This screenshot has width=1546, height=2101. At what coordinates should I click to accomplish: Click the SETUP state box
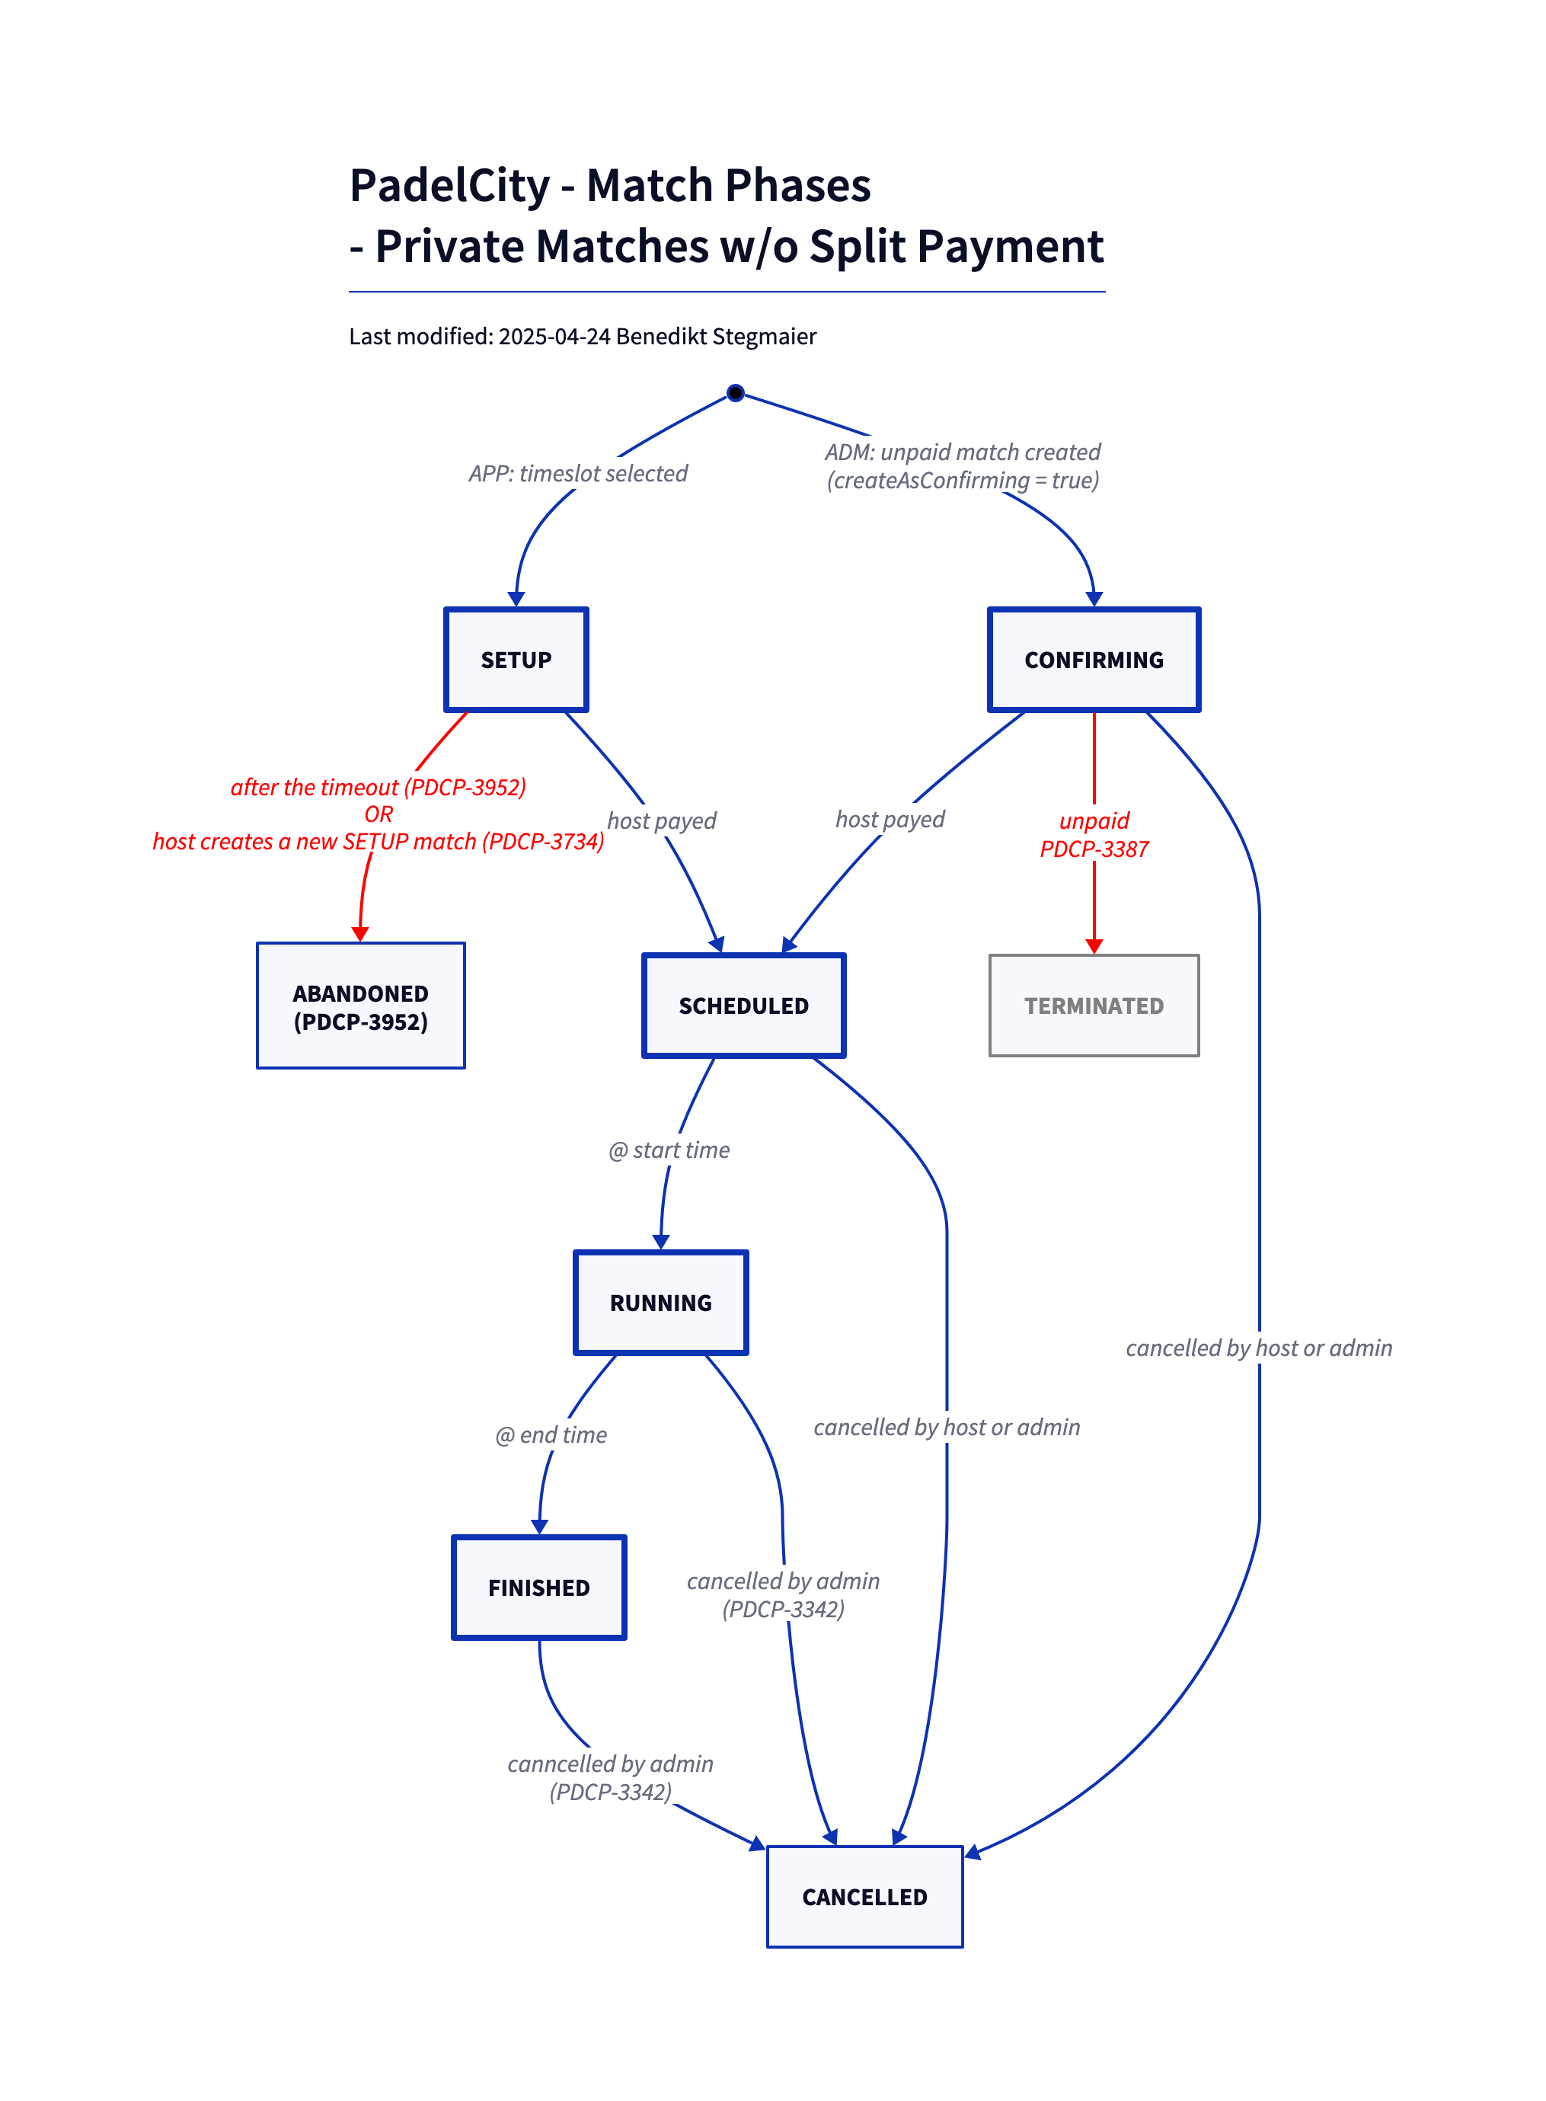point(516,660)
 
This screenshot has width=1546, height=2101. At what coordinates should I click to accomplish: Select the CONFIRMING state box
point(1093,660)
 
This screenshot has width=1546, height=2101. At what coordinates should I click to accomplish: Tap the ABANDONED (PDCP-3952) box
point(360,1006)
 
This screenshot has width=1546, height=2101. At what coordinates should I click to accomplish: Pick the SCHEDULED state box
point(743,1006)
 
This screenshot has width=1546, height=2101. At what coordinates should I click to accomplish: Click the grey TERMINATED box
point(1093,1006)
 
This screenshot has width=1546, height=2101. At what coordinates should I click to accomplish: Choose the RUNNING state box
point(661,1303)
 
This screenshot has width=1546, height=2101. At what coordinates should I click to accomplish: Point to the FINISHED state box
point(539,1588)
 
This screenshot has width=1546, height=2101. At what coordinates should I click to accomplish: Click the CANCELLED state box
point(864,1897)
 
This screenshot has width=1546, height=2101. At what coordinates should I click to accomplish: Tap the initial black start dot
point(736,393)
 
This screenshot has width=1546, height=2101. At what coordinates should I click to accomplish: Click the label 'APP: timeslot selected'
point(577,474)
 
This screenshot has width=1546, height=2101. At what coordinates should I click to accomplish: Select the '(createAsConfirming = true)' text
point(962,481)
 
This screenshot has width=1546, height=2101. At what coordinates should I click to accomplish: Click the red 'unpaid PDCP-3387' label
point(1094,835)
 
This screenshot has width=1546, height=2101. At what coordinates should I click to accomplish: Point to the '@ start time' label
point(669,1150)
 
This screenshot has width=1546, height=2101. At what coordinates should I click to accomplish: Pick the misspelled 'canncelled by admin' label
point(610,1764)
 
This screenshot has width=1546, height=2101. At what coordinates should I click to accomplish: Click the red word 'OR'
point(379,814)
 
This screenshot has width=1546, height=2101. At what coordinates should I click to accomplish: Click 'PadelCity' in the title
point(449,185)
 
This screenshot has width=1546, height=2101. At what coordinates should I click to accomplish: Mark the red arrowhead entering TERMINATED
point(1094,947)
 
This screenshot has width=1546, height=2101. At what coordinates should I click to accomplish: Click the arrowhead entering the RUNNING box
point(661,1242)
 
